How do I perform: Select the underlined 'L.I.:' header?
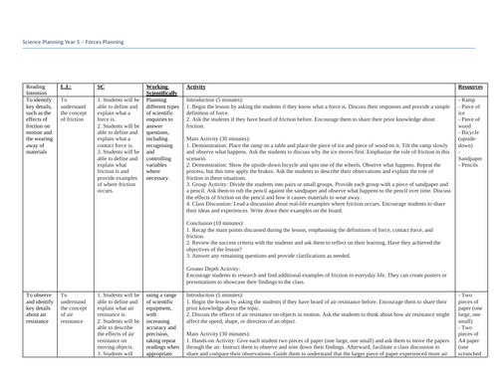[x=66, y=87]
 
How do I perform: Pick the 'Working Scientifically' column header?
[x=164, y=90]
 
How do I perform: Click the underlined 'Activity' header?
[x=198, y=87]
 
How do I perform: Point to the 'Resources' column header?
[x=469, y=87]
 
